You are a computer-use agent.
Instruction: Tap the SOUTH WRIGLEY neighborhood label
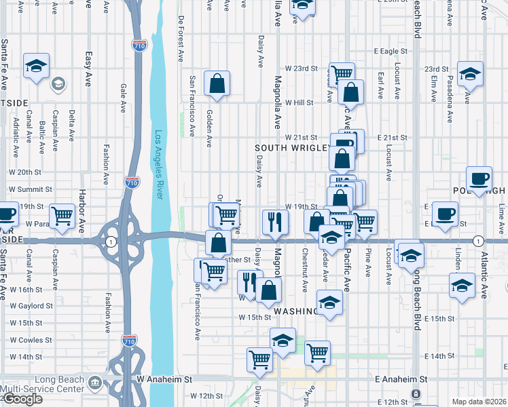[x=292, y=147]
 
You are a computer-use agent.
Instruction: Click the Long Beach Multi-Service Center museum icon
[x=94, y=385]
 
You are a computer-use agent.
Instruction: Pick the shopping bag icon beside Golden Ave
[x=217, y=84]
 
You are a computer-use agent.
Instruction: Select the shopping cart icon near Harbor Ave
[x=62, y=216]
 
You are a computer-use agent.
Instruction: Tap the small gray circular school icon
[x=58, y=84]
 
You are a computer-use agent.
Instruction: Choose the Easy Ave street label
[x=88, y=69]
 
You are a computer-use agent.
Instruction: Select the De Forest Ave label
[x=181, y=39]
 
